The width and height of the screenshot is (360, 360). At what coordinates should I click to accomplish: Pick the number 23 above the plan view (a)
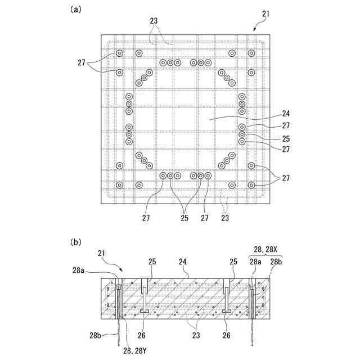[154, 21]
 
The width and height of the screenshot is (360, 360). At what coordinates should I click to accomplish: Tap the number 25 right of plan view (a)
[286, 138]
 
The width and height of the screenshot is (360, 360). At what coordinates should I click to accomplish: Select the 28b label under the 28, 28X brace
[276, 262]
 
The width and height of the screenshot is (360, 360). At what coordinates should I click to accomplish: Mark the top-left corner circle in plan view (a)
[119, 53]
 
